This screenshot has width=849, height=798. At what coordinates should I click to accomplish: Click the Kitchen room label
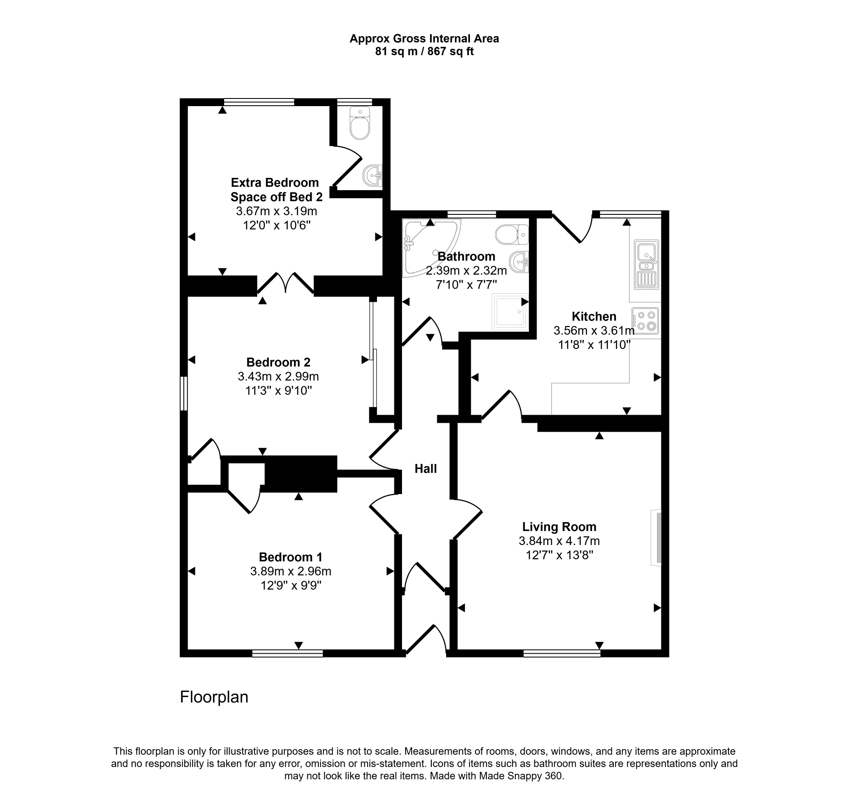point(593,316)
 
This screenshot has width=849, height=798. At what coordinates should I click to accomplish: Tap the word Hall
point(426,469)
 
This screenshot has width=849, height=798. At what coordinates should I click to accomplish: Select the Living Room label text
point(559,527)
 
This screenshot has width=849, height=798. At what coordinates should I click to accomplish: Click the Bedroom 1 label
point(290,557)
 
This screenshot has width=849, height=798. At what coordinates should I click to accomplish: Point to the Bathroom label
point(467,256)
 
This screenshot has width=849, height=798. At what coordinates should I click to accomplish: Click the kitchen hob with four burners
point(646,321)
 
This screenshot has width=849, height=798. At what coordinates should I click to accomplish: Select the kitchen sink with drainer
point(647,265)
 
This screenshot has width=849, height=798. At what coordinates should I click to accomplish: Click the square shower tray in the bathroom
point(510,312)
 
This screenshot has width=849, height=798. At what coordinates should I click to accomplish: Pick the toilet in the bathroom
point(512,234)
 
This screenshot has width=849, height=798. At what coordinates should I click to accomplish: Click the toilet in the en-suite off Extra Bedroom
point(360,123)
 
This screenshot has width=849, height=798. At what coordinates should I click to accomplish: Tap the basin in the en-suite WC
point(372,175)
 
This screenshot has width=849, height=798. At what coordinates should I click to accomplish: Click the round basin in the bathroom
point(519,262)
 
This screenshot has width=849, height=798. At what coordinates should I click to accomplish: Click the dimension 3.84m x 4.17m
point(559,541)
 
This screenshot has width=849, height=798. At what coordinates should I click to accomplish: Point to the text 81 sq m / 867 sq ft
point(424,52)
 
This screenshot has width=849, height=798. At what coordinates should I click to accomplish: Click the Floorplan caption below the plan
point(214,697)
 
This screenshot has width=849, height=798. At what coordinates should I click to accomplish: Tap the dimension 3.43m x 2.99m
point(278,377)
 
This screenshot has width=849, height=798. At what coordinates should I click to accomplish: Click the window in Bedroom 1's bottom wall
point(287,653)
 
